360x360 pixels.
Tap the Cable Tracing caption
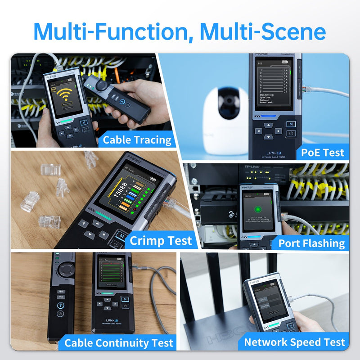pos(137,140)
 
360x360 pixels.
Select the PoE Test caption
pos(323,153)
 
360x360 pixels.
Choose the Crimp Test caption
pos(161,241)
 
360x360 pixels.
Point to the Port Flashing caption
pos(311,243)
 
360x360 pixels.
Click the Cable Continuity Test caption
pos(119,343)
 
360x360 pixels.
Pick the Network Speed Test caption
pos(294,342)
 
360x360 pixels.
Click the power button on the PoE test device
pos(291,133)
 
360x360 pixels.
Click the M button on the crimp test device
pos(120,234)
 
